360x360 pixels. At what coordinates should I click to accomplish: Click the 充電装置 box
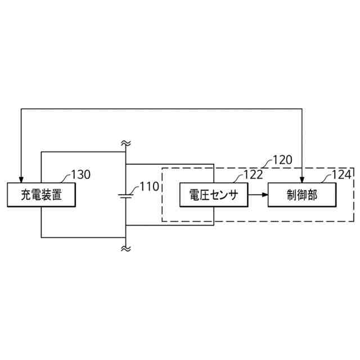[41, 195]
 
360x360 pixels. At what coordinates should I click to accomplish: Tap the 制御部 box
[303, 195]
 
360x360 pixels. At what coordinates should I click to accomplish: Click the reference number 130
[80, 174]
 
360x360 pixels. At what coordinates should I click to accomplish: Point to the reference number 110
[149, 187]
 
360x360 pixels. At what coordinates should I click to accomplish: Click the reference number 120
[282, 159]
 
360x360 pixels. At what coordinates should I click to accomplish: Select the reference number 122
[253, 174]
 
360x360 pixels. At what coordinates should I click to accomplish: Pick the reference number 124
[342, 174]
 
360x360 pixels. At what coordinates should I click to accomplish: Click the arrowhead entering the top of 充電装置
[21, 179]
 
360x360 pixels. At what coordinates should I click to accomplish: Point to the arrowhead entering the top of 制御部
[303, 179]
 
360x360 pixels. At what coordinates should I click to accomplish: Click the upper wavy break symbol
[125, 143]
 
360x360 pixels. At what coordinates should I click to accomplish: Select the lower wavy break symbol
[125, 247]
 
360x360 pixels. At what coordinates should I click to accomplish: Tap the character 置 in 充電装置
[56, 195]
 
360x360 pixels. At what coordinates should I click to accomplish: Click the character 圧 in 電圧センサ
[204, 195]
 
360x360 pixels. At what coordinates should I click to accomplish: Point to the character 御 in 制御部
[303, 195]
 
